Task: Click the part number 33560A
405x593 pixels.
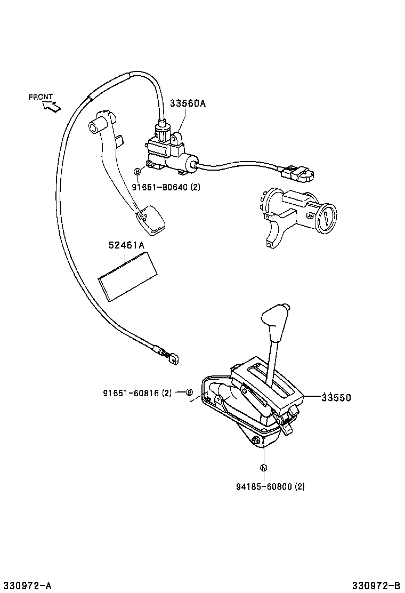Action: point(187,104)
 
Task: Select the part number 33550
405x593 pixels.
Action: point(336,397)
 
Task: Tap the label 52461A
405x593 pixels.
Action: point(126,245)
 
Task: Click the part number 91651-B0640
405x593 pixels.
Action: point(159,187)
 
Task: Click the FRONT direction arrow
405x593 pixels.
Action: point(52,107)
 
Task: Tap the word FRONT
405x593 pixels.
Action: point(40,97)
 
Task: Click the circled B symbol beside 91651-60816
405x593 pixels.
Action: point(189,393)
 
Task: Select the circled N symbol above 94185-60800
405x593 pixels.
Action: point(264,468)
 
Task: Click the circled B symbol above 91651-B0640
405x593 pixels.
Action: point(137,172)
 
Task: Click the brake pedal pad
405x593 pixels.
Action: point(150,220)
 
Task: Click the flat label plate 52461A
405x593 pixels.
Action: point(129,276)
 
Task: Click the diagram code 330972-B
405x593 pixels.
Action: point(376,586)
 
